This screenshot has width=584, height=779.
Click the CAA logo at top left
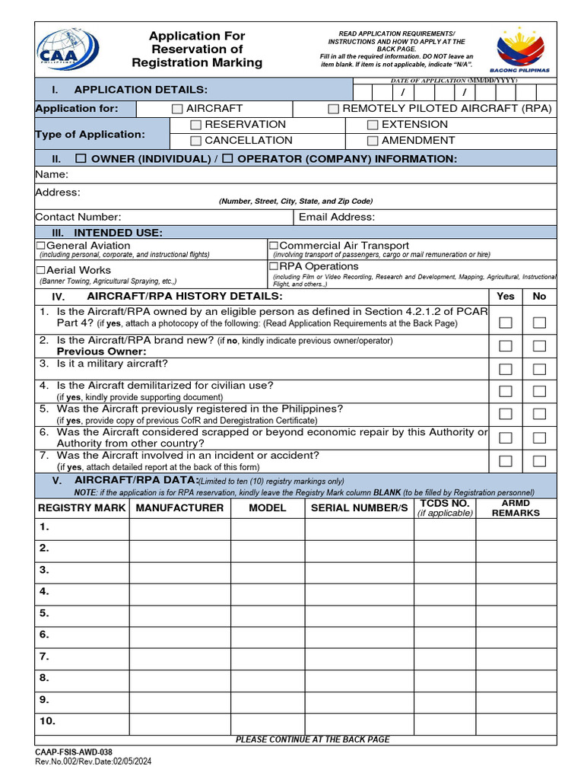click(x=67, y=49)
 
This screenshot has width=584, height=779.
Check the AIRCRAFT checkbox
click(x=177, y=110)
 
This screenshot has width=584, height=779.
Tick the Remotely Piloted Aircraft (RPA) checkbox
click(x=333, y=110)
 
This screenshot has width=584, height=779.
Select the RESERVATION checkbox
click(x=196, y=125)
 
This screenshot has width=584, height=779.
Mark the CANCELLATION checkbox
click(x=196, y=141)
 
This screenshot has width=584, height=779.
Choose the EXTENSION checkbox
click(x=373, y=125)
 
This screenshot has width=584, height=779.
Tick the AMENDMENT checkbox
click(x=373, y=141)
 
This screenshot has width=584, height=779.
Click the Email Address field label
click(x=336, y=217)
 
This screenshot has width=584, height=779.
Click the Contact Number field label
click(x=78, y=217)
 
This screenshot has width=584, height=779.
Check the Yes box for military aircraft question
click(x=506, y=370)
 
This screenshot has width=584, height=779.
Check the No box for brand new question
click(x=540, y=346)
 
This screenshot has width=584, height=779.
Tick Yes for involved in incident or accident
click(x=506, y=461)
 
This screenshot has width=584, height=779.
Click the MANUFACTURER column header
click(x=180, y=507)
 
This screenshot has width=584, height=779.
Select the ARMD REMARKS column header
click(x=516, y=507)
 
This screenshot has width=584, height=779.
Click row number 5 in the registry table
click(x=44, y=612)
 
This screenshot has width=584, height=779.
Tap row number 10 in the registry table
click(x=46, y=720)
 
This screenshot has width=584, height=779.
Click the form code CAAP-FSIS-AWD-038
click(x=74, y=752)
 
